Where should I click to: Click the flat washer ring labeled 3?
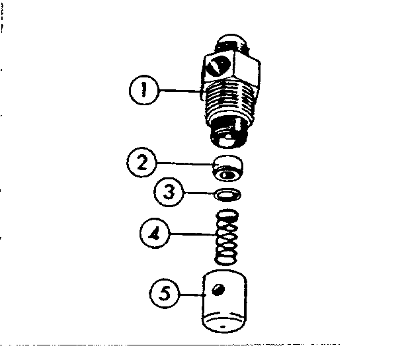(x=228, y=195)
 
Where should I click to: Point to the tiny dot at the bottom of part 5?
(x=224, y=328)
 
